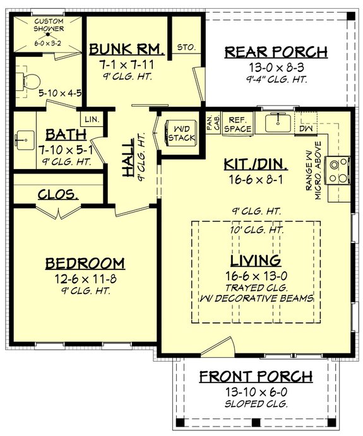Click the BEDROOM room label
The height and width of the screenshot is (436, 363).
pyautogui.click(x=85, y=263)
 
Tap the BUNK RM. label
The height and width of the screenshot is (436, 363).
pyautogui.click(x=127, y=50)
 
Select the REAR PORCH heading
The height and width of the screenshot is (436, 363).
pyautogui.click(x=277, y=52)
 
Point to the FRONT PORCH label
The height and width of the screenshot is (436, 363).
pyautogui.click(x=256, y=377)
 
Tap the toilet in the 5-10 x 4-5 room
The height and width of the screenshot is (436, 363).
pyautogui.click(x=27, y=80)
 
